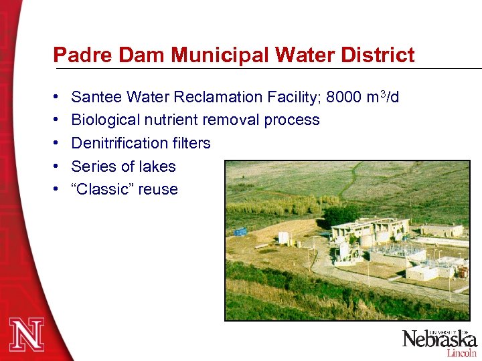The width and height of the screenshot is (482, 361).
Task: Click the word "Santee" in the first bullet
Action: pyautogui.click(x=94, y=98)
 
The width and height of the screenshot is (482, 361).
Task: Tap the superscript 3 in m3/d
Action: pyautogui.click(x=383, y=94)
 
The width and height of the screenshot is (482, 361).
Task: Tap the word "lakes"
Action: pyautogui.click(x=157, y=166)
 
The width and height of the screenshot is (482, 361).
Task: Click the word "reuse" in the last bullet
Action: pyautogui.click(x=158, y=190)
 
